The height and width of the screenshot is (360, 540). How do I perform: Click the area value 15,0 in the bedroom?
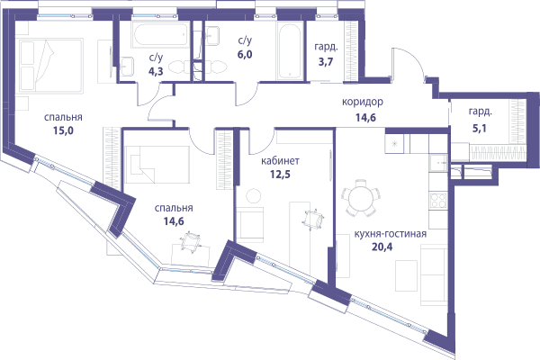tap(64, 130)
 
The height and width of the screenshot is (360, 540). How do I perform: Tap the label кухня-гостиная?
tap(391, 234)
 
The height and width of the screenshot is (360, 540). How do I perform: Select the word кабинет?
tap(280, 161)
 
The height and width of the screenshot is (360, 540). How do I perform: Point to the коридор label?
tap(363, 102)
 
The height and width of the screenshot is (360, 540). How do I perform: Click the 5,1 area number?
tap(480, 129)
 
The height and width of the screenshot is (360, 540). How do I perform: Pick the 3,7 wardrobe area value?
tap(326, 62)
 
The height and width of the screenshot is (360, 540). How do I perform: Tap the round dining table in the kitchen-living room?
tap(361, 198)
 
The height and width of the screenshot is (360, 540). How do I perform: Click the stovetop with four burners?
tap(438, 201)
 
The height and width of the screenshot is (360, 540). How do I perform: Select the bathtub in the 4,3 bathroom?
tap(160, 34)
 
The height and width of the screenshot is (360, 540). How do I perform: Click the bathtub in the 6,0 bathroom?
tap(290, 51)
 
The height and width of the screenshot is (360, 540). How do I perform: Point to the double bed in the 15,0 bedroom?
tap(51, 66)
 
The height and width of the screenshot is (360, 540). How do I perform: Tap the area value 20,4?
tap(382, 247)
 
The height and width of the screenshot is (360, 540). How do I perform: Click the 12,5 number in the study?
tap(280, 174)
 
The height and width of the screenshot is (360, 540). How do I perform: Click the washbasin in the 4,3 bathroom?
tap(128, 66)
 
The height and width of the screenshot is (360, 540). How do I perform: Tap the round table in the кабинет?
tap(254, 195)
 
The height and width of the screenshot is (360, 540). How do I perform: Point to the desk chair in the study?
tap(313, 220)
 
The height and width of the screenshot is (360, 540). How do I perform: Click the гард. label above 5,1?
tap(481, 112)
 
